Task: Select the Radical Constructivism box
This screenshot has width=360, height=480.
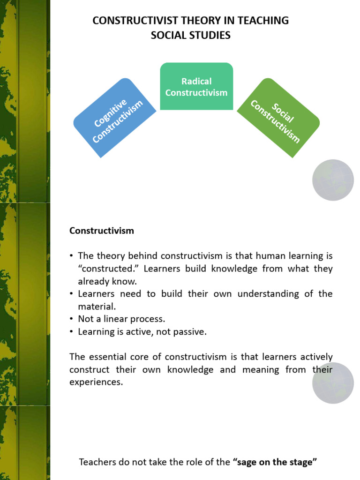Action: click(196, 87)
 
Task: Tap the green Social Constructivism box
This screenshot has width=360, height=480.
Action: click(278, 118)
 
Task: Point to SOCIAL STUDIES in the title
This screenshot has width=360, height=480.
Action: click(190, 35)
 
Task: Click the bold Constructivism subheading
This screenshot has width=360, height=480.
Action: click(102, 231)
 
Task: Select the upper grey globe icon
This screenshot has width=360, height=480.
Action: click(333, 180)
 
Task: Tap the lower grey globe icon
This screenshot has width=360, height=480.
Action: click(333, 383)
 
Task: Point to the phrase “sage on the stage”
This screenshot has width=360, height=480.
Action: click(275, 462)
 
